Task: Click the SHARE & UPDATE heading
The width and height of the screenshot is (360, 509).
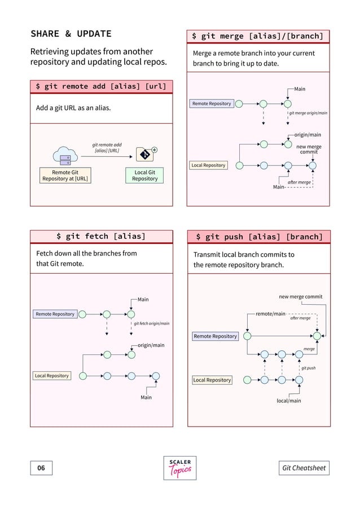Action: tap(71, 34)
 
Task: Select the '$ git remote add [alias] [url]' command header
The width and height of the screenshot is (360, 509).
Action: tap(102, 86)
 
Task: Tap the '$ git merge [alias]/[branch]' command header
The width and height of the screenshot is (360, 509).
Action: tap(258, 36)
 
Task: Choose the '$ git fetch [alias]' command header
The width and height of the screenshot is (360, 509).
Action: tap(101, 236)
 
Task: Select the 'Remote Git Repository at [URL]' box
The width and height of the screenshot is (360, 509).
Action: tap(65, 175)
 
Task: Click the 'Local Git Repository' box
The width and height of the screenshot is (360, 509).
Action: tap(144, 175)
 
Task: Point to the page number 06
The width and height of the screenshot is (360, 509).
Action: tap(41, 468)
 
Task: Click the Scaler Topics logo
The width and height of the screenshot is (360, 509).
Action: tap(180, 468)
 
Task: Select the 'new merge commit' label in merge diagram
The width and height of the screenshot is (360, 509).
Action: tap(309, 149)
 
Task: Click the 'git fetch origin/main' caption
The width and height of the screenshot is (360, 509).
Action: tap(151, 323)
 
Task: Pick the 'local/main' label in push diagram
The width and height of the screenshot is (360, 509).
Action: tap(288, 401)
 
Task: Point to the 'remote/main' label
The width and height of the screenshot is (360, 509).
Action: tap(270, 313)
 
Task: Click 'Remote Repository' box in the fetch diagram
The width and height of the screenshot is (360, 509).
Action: tap(55, 314)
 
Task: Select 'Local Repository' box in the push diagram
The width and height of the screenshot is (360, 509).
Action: tap(212, 380)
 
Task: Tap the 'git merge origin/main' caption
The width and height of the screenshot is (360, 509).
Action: tap(308, 113)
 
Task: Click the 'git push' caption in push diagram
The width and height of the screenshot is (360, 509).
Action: tap(308, 367)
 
